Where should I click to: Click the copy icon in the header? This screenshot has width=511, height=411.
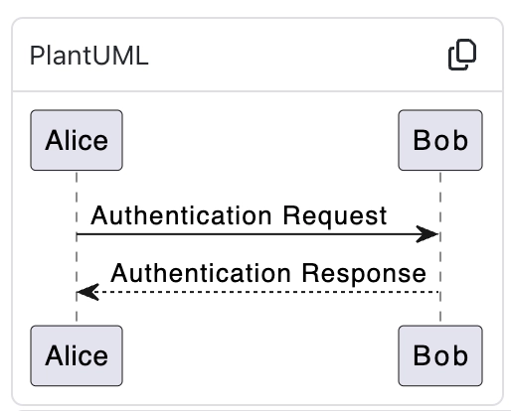[x=462, y=56]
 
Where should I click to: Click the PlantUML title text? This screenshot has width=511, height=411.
[x=89, y=56]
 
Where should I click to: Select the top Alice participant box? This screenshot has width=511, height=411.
[x=77, y=140]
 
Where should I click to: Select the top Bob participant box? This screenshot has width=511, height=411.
[x=440, y=140]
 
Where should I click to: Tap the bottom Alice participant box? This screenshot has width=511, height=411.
[x=77, y=354]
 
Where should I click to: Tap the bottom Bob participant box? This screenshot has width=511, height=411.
[x=440, y=354]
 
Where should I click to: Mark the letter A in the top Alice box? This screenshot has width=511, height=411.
[x=54, y=140]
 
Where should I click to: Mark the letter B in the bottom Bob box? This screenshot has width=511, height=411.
[x=423, y=354]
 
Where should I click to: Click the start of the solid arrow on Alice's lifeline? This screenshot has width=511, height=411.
[x=78, y=234]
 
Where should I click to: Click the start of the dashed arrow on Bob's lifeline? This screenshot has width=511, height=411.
[x=439, y=292]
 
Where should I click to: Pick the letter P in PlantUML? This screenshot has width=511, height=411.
[x=38, y=56]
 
